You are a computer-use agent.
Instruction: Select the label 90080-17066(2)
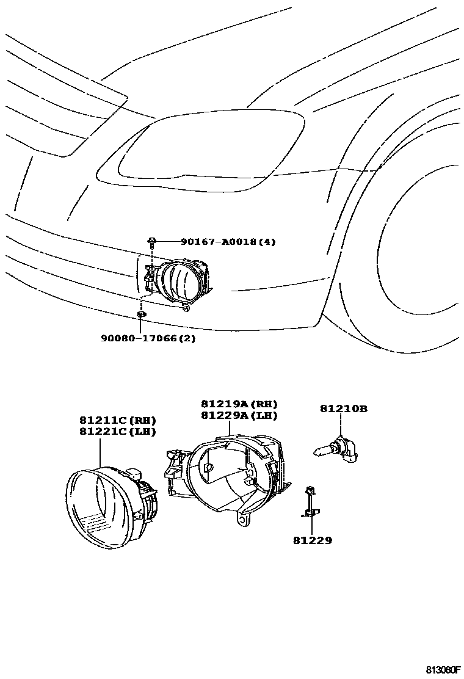coord(148,338)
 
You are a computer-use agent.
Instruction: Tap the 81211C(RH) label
coord(117,420)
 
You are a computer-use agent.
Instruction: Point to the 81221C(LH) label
coord(117,431)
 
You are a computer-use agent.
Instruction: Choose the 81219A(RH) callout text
coord(239,404)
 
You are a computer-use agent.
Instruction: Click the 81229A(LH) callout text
coord(239,415)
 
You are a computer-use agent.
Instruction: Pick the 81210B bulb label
coord(344,408)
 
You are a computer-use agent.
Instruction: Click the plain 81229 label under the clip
coord(312,540)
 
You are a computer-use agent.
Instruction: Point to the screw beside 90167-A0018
coord(151,242)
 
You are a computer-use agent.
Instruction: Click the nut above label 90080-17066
coord(141,314)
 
